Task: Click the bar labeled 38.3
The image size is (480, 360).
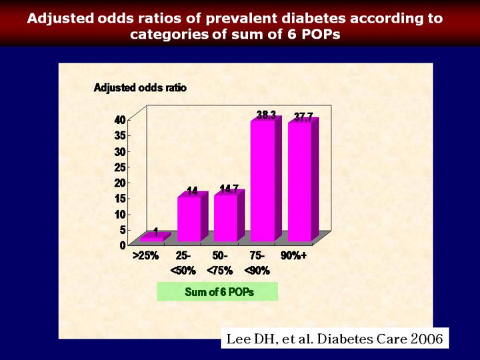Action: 262,180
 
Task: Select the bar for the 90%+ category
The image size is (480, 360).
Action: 299,181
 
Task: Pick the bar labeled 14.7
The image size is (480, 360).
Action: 225,217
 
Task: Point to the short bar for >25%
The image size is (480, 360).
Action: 152,238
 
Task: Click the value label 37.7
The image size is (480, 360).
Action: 303,117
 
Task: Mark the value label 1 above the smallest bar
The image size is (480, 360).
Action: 155,231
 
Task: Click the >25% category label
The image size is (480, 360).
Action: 145,256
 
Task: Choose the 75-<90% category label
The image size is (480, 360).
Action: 257,263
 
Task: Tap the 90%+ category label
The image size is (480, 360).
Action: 293,256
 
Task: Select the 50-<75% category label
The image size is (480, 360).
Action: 220,263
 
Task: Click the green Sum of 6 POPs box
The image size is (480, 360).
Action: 217,292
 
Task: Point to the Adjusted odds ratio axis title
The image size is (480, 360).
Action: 140,87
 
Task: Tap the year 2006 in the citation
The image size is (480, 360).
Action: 426,338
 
